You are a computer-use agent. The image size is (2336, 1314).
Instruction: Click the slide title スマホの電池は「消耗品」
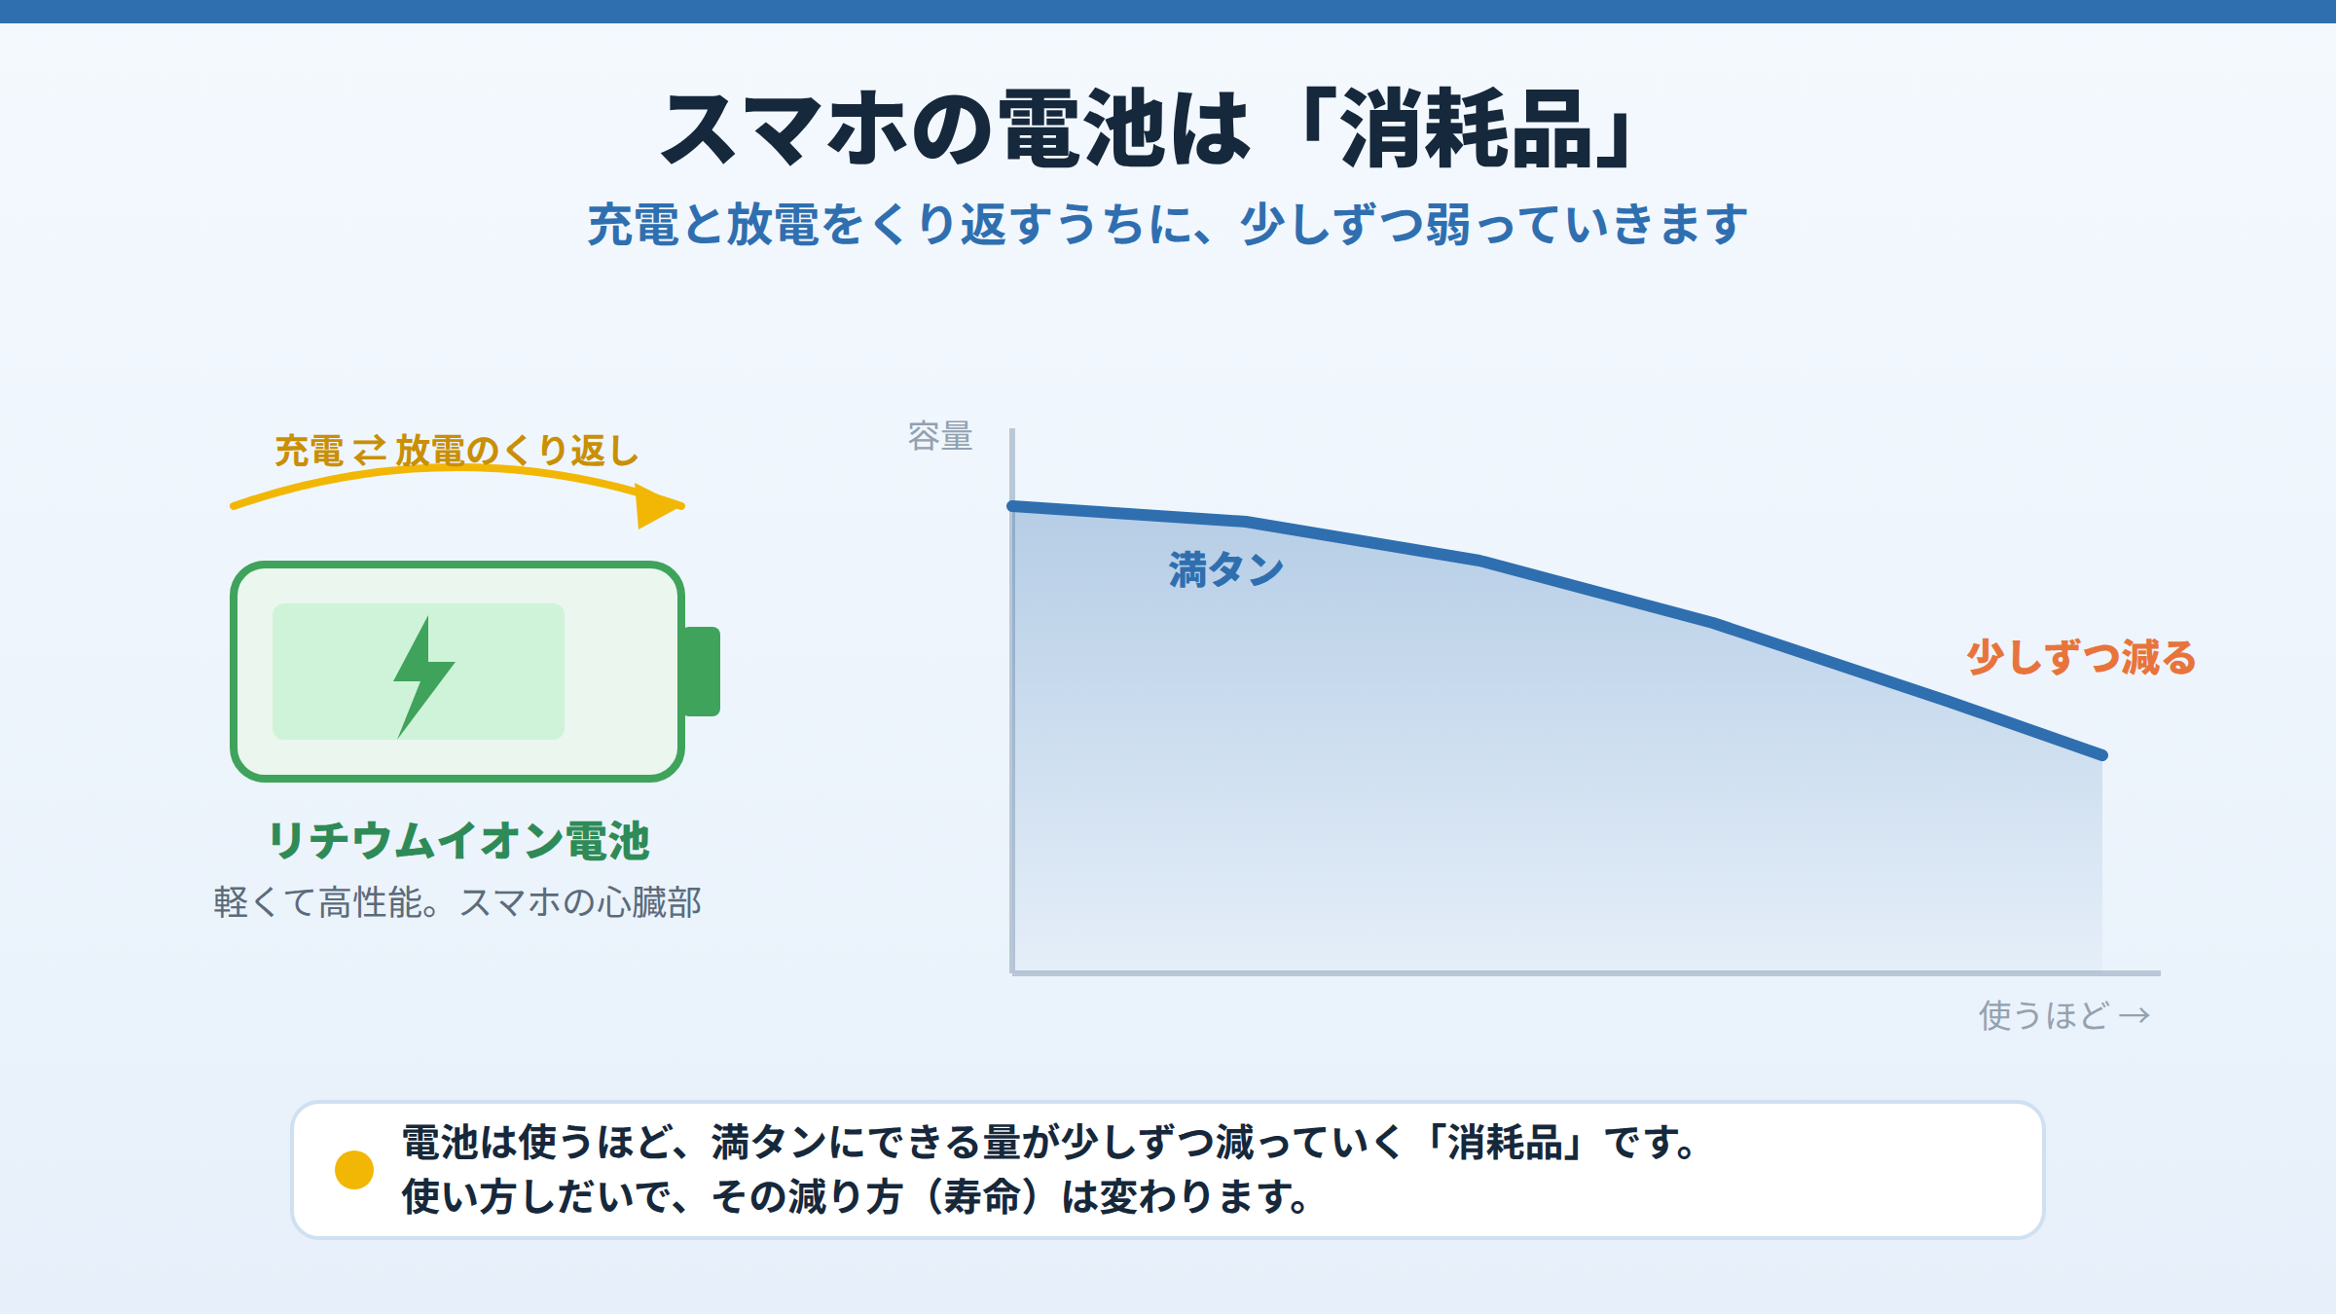[1149, 128]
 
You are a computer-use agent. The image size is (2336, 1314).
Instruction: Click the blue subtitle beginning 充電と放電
[1167, 224]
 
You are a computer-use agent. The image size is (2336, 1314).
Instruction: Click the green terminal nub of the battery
[702, 672]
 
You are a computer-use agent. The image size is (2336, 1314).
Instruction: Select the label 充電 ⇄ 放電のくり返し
[456, 451]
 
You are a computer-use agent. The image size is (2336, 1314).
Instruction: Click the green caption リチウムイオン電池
[457, 840]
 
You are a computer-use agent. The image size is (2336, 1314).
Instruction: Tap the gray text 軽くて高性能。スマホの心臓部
[457, 902]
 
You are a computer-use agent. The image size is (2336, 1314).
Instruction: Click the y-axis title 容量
[940, 436]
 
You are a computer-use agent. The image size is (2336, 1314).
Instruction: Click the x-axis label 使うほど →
[2064, 1015]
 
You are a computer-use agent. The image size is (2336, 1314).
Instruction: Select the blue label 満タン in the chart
[1226, 569]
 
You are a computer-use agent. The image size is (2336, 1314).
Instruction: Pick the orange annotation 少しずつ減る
[2081, 657]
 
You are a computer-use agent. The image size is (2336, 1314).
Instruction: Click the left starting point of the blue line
[1012, 506]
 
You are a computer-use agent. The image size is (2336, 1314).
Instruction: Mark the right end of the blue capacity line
[2102, 754]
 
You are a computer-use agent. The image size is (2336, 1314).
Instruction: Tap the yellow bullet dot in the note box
[354, 1169]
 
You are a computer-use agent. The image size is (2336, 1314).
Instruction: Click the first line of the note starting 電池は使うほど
[1049, 1142]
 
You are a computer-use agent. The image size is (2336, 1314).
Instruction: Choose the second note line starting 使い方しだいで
[856, 1196]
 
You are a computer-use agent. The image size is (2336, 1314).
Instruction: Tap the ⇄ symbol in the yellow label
[369, 452]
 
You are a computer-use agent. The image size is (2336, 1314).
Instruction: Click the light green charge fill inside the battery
[419, 672]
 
